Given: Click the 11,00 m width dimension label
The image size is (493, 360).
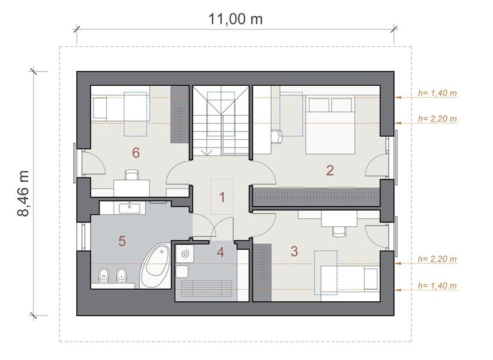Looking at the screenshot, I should [x=235, y=19].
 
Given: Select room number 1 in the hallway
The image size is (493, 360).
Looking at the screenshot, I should [x=221, y=197].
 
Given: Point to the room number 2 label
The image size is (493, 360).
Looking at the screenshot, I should [x=330, y=170].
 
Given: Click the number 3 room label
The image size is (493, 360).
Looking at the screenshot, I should [x=294, y=251].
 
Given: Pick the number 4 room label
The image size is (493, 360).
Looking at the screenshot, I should [x=221, y=252].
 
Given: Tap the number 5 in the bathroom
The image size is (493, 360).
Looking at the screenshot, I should [x=122, y=241].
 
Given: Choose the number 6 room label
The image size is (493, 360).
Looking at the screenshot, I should [x=136, y=153].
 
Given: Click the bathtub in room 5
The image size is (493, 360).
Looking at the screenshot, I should [x=154, y=266].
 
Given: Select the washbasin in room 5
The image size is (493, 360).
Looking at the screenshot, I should [x=130, y=208].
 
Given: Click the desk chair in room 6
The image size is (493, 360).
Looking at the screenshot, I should [x=130, y=175].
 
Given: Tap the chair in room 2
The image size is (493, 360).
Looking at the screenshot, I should [x=276, y=137].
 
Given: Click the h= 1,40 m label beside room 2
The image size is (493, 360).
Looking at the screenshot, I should [x=437, y=94].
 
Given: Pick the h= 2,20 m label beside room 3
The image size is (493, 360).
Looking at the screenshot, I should [x=437, y=259].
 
